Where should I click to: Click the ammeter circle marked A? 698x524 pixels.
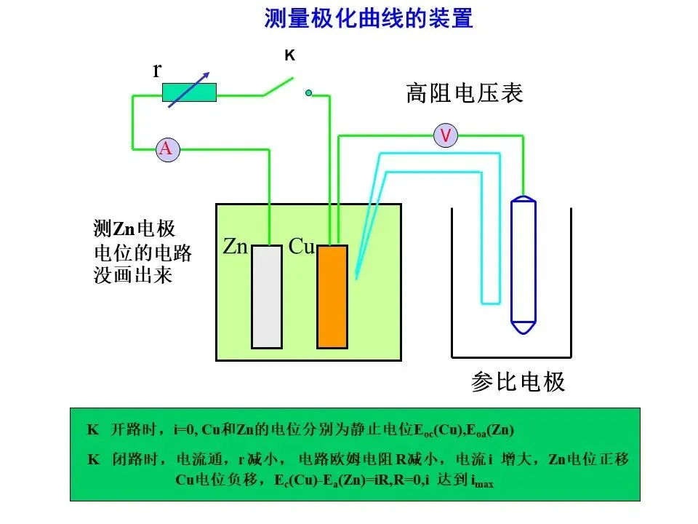[x=167, y=149]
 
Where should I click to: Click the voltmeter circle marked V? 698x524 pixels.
[x=446, y=135]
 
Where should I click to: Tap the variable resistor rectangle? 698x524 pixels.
[x=189, y=92]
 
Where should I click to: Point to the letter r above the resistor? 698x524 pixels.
[x=156, y=70]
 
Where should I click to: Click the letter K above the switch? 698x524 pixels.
[x=289, y=55]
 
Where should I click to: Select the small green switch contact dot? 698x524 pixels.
[x=308, y=92]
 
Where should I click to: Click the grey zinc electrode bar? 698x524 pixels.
[x=266, y=296]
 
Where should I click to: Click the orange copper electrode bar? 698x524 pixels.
[x=332, y=296]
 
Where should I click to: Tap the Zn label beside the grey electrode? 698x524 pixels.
[x=236, y=247]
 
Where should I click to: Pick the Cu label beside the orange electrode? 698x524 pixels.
[x=302, y=247]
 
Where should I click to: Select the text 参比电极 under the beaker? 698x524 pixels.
[x=518, y=382]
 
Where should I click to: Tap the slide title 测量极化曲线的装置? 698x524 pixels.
[x=368, y=18]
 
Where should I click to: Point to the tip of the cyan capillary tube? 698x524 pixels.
[x=356, y=278]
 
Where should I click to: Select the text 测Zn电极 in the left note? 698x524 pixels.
[x=135, y=229]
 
